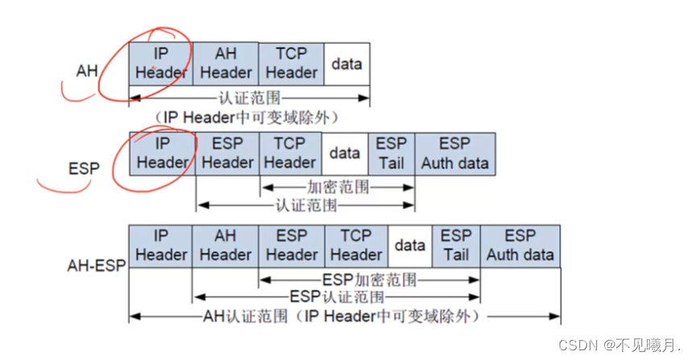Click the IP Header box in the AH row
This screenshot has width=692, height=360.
pos(161,64)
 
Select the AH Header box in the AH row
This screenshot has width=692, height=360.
pos(226,64)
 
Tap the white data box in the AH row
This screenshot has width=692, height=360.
pos(347,64)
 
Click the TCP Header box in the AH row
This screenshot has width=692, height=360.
pos(291,64)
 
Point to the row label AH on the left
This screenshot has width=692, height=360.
pos(87,72)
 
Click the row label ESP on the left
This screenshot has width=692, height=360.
pos(84,169)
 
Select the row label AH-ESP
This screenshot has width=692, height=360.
pos(96,264)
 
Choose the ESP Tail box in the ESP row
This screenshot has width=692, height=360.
pos(392,153)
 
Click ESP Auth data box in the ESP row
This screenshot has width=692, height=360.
pos(454,153)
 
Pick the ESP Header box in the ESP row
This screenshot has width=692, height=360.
pos(227,153)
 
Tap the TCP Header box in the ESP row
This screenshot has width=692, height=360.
pos(290,153)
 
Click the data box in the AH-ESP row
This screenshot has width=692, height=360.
pos(410,246)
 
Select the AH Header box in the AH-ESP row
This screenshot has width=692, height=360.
pos(226,246)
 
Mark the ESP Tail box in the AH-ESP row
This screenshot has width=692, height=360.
pos(456,246)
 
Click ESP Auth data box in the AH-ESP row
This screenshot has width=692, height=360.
pos(520,246)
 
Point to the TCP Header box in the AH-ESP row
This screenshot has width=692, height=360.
pos(356,246)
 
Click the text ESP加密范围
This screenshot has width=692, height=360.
pos(369,280)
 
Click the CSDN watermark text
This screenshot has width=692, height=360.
pos(619,346)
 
